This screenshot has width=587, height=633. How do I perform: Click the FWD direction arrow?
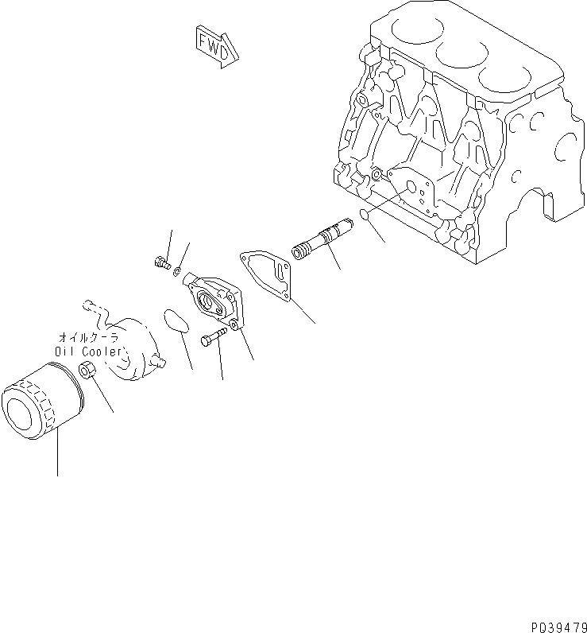point(215,45)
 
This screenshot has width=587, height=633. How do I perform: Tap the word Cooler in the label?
point(102,351)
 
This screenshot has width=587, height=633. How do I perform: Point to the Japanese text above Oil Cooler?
point(88,337)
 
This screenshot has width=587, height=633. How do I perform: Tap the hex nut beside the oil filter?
point(88,371)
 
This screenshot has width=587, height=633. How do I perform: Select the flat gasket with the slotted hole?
point(268,274)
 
